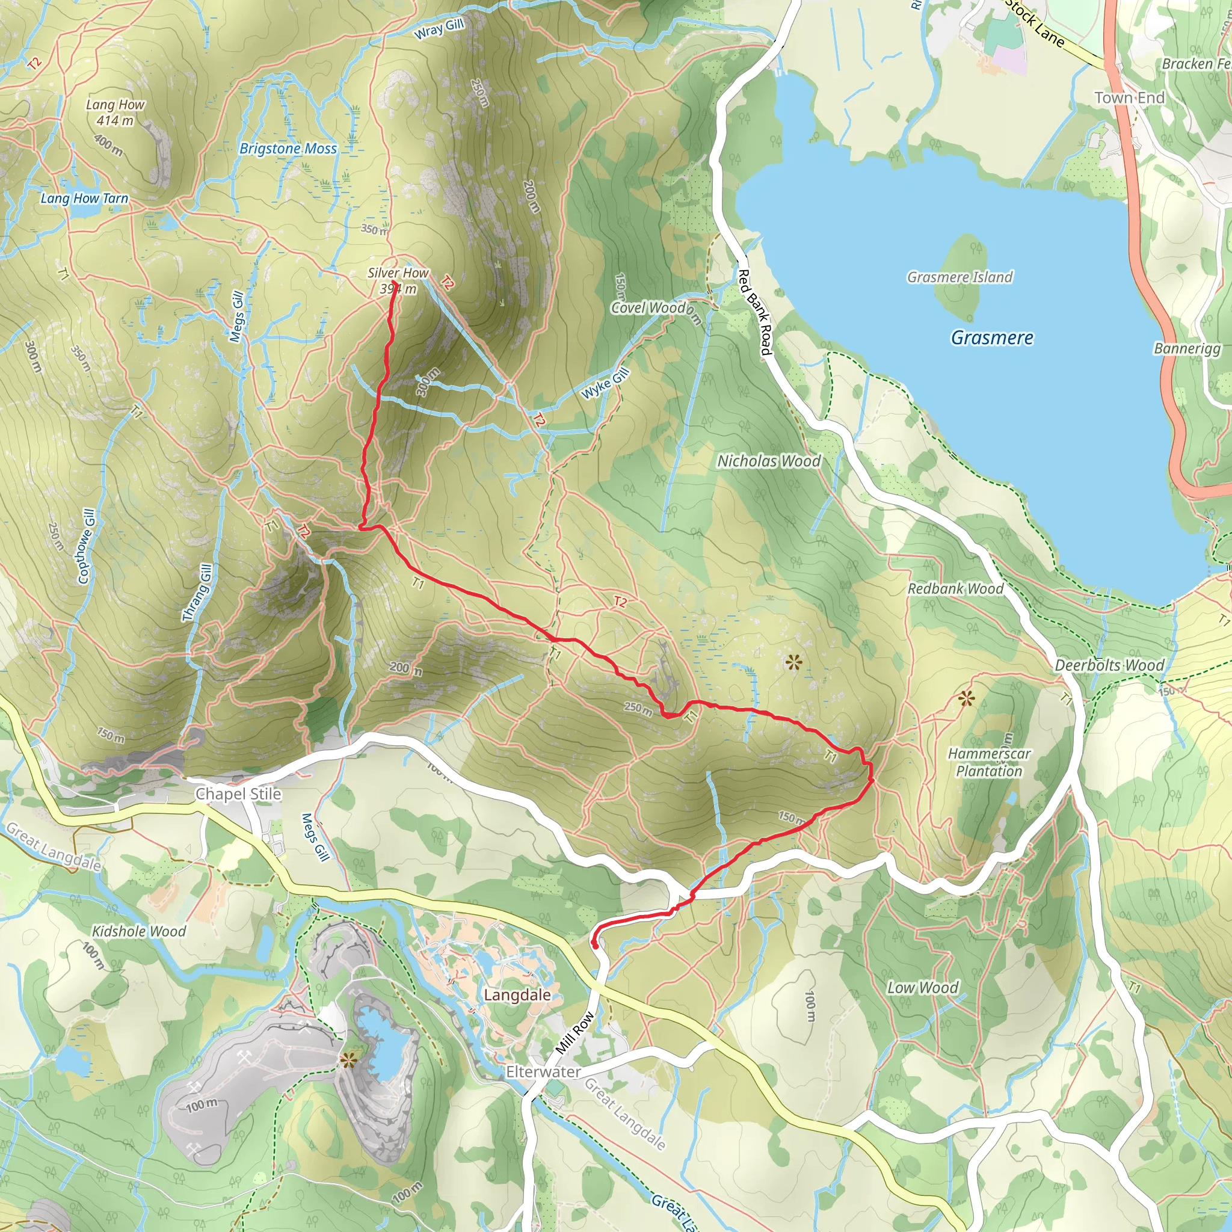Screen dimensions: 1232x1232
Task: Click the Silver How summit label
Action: tap(398, 280)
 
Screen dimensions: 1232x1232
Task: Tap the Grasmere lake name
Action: tap(991, 337)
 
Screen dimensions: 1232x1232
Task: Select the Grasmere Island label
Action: tap(959, 277)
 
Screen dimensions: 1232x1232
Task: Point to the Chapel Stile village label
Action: tap(238, 794)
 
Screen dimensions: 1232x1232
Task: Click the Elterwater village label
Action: tap(543, 1072)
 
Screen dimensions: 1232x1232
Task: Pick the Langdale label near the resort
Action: tap(517, 995)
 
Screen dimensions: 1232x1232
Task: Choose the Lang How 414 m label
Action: tap(115, 112)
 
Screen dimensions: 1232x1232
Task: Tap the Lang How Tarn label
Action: tap(84, 199)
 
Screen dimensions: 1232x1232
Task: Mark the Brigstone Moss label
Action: tap(288, 149)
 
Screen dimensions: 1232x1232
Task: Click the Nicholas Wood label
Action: tap(769, 460)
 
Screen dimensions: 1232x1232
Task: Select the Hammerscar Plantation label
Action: tap(988, 762)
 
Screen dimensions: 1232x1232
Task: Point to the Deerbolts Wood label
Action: tap(1109, 665)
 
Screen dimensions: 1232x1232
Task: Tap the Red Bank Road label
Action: tap(754, 312)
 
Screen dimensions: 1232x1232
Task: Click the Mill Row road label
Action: tap(574, 1033)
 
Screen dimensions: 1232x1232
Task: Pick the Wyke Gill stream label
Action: tap(605, 383)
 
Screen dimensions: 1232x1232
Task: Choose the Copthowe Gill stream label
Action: tap(86, 546)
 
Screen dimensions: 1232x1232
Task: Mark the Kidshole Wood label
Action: tap(139, 931)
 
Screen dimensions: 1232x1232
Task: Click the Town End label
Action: tap(1129, 97)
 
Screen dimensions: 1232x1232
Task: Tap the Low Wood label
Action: tap(922, 987)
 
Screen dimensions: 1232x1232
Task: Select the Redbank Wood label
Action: tap(955, 588)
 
